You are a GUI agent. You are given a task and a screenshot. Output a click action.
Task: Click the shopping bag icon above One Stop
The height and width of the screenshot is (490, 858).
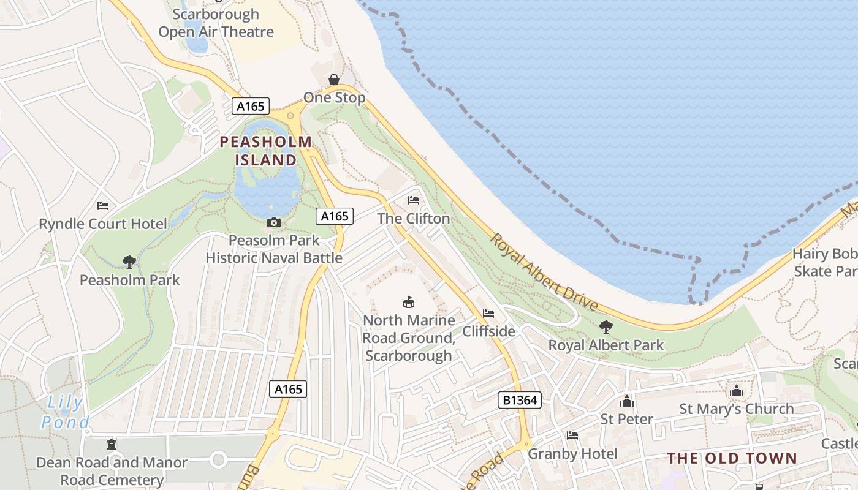click(334, 80)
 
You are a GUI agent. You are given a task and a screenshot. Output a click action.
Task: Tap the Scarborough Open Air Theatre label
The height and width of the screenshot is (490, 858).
click(216, 23)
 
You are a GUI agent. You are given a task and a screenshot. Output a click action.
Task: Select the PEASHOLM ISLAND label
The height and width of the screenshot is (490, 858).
click(266, 151)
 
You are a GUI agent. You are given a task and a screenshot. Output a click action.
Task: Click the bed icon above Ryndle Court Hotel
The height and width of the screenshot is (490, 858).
click(103, 206)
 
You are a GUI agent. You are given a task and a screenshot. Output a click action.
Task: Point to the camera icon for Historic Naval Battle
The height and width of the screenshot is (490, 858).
click(274, 222)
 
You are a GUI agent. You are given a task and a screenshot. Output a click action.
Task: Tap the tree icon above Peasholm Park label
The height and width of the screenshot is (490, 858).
click(129, 262)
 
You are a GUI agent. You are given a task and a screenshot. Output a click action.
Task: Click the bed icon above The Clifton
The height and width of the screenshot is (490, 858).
click(414, 200)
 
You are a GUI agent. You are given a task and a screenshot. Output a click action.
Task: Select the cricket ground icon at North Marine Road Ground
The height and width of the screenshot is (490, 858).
click(409, 302)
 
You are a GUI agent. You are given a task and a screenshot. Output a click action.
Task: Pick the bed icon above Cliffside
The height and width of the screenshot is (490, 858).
click(488, 314)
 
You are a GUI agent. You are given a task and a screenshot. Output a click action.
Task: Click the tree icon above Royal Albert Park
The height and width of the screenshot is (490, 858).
click(606, 327)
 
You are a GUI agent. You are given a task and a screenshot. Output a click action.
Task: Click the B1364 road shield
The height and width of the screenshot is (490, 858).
click(519, 401)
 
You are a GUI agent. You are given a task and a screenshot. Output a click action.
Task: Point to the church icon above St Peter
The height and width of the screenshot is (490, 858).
click(626, 402)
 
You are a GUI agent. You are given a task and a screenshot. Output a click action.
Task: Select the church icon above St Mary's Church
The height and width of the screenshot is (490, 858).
click(736, 391)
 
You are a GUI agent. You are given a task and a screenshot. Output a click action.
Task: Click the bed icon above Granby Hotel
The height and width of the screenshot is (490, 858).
click(572, 435)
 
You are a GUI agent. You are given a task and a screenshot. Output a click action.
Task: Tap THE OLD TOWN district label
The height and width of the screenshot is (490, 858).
click(732, 458)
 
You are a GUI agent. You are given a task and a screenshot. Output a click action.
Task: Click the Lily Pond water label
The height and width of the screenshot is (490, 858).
click(64, 412)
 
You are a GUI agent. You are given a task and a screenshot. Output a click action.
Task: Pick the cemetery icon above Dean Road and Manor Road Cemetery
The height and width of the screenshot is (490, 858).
click(112, 445)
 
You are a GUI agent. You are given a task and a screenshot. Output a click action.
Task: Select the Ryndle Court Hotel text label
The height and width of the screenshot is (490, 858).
click(103, 224)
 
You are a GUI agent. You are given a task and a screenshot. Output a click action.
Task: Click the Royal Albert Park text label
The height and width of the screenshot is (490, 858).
click(606, 345)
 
